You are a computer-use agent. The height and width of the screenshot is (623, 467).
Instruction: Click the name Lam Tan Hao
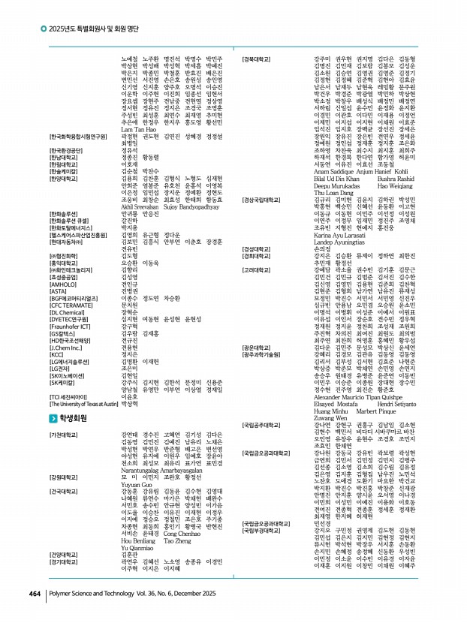(x=137, y=131)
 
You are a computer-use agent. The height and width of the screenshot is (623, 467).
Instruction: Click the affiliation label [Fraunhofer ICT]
(x=71, y=326)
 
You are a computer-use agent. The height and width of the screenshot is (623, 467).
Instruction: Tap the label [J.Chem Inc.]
(x=67, y=348)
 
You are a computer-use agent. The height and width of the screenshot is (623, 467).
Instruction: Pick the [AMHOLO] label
(x=63, y=284)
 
